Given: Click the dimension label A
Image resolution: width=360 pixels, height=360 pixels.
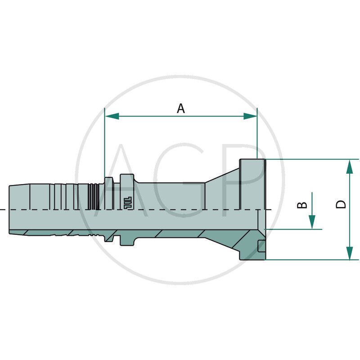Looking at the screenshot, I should point(180,108).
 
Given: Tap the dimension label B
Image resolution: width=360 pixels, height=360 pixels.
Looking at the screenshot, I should point(303,205).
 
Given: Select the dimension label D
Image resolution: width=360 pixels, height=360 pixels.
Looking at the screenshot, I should point(342,204).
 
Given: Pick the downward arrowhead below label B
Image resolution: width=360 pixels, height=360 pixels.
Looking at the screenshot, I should point(312,222).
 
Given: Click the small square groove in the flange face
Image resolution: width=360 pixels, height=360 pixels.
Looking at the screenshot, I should point(261,245).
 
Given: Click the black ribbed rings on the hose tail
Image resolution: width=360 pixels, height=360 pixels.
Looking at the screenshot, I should point(93,196).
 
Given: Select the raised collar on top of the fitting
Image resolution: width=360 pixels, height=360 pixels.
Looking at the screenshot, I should point(127,178).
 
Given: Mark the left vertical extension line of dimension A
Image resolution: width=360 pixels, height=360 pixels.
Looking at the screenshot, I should point(104,144).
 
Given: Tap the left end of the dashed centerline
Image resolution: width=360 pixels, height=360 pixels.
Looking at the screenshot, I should point(3,210).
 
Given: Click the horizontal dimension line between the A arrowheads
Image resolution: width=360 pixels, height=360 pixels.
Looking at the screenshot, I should point(148,116).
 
